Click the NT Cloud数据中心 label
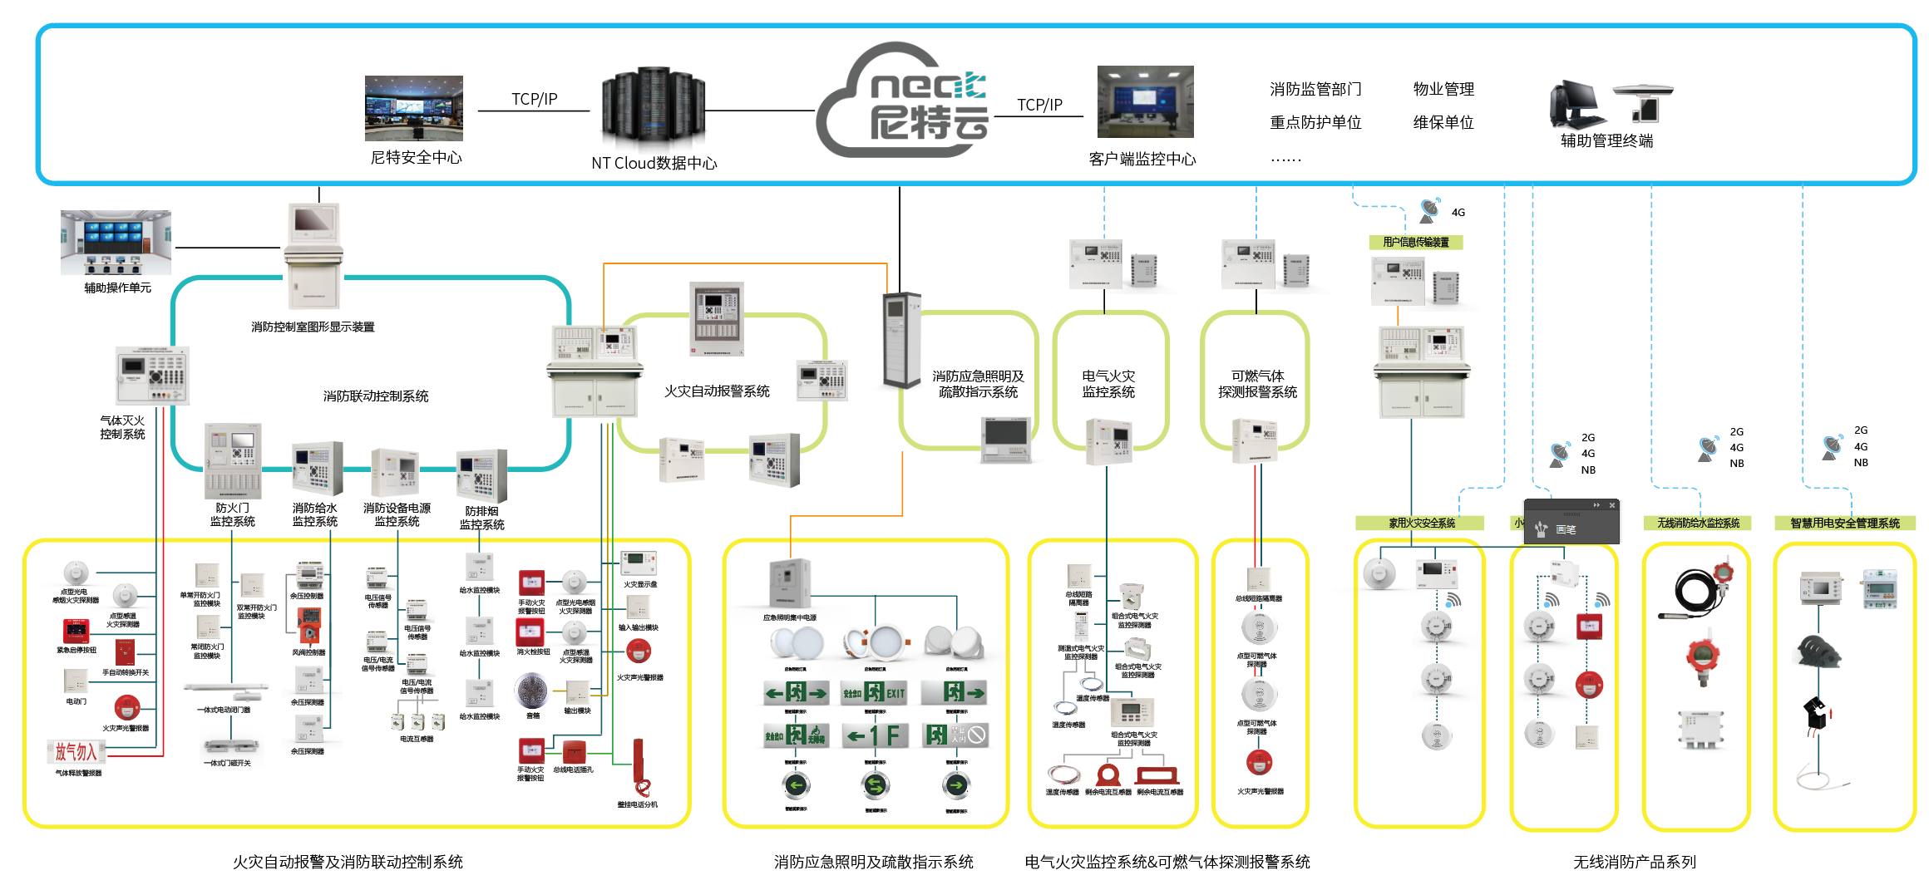(654, 163)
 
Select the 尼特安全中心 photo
(413, 108)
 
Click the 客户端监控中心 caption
(1142, 159)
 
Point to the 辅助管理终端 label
(1606, 140)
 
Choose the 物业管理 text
(1443, 89)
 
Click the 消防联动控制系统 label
(376, 396)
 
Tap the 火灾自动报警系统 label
(717, 391)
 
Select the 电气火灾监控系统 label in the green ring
(1108, 384)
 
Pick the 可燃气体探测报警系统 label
(1257, 384)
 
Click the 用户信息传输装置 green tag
(1415, 242)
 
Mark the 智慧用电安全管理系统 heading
(1845, 523)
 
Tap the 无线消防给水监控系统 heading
(1698, 523)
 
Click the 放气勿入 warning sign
(76, 752)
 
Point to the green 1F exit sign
(874, 735)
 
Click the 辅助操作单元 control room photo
(116, 242)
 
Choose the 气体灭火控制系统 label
(122, 427)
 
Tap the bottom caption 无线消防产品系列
(1634, 863)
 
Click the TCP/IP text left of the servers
(534, 99)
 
